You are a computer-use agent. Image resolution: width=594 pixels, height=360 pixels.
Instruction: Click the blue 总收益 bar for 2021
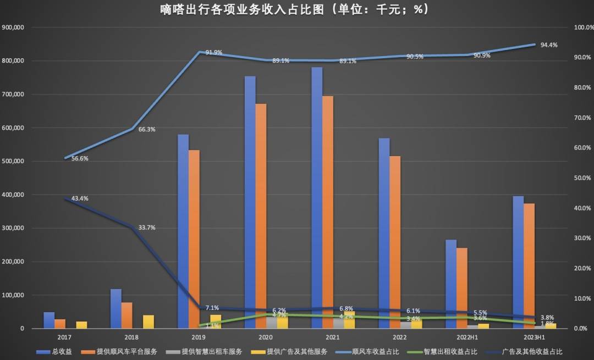317,198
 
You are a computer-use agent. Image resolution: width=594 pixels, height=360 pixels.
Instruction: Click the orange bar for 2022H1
462,288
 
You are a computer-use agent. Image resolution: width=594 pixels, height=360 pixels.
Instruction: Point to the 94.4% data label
549,45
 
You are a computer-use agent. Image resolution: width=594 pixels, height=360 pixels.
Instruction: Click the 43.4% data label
80,198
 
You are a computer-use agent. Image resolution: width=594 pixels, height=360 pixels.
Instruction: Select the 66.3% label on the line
147,130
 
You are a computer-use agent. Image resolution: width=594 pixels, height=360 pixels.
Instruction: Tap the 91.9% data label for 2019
214,53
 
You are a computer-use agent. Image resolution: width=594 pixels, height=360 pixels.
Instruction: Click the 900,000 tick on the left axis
17,27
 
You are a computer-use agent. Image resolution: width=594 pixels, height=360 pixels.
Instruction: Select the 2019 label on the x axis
199,337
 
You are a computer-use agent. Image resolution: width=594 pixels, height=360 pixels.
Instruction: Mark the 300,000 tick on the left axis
17,228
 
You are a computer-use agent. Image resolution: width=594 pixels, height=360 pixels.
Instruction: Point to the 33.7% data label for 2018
146,228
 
